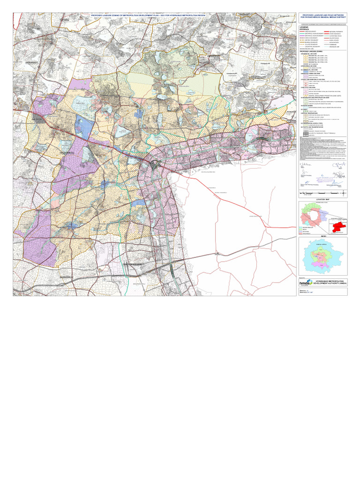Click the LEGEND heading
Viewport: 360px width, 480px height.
pos(305,28)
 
